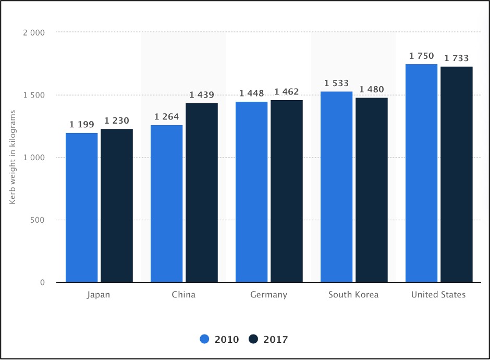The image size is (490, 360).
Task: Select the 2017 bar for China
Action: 202,193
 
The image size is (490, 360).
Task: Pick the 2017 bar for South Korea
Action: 372,190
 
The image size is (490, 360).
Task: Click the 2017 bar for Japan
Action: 117,206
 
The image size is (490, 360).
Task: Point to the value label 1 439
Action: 202,95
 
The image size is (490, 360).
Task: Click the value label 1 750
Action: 421,56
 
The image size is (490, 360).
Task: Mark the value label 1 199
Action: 82,125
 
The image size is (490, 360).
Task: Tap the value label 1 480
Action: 372,89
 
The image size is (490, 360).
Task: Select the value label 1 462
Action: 286,92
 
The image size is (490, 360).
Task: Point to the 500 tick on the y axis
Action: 38,220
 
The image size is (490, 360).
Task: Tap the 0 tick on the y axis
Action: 42,283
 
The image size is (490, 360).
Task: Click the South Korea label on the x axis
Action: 353,295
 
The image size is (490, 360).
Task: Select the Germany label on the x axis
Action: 269,295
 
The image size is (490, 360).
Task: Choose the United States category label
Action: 438,295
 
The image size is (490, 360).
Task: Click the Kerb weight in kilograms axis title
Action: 14,158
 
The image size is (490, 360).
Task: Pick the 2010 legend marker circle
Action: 205,339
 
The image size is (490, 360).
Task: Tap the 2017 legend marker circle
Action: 254,339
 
